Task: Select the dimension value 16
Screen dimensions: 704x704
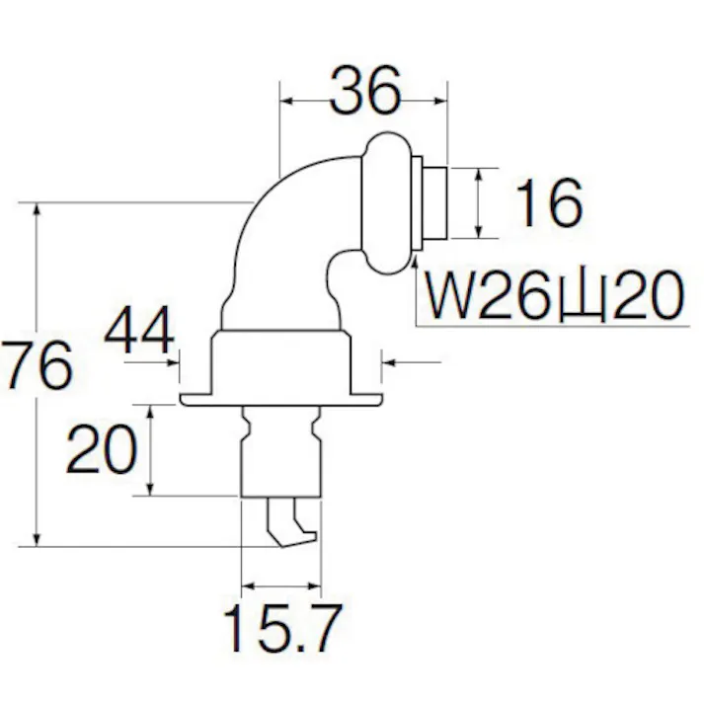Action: (x=549, y=204)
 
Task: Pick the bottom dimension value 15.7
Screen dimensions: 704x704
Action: (x=280, y=629)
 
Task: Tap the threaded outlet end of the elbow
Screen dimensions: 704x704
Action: (x=431, y=202)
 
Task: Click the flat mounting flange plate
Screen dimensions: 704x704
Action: (x=280, y=400)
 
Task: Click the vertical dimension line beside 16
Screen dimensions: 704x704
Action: (x=480, y=203)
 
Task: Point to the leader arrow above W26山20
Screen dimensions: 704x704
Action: (x=415, y=267)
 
